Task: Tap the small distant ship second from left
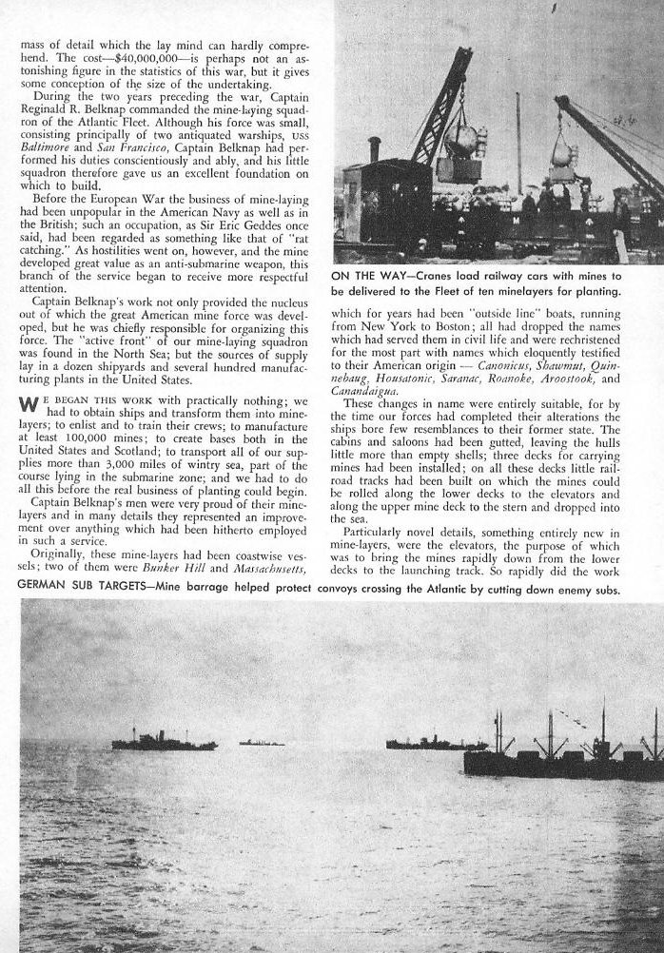[261, 742]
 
